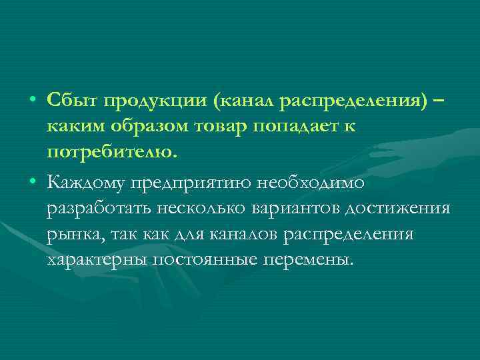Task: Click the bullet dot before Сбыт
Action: click(33, 99)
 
